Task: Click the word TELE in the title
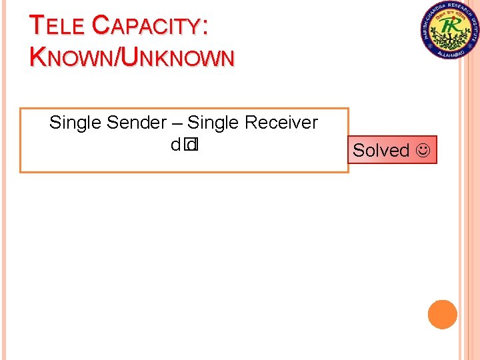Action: tap(57, 25)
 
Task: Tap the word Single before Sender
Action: tap(75, 123)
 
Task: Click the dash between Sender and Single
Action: tap(177, 123)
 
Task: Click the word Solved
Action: tap(381, 151)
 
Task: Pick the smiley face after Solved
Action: tap(423, 151)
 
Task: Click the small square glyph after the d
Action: tap(192, 144)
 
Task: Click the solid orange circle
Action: tap(443, 314)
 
